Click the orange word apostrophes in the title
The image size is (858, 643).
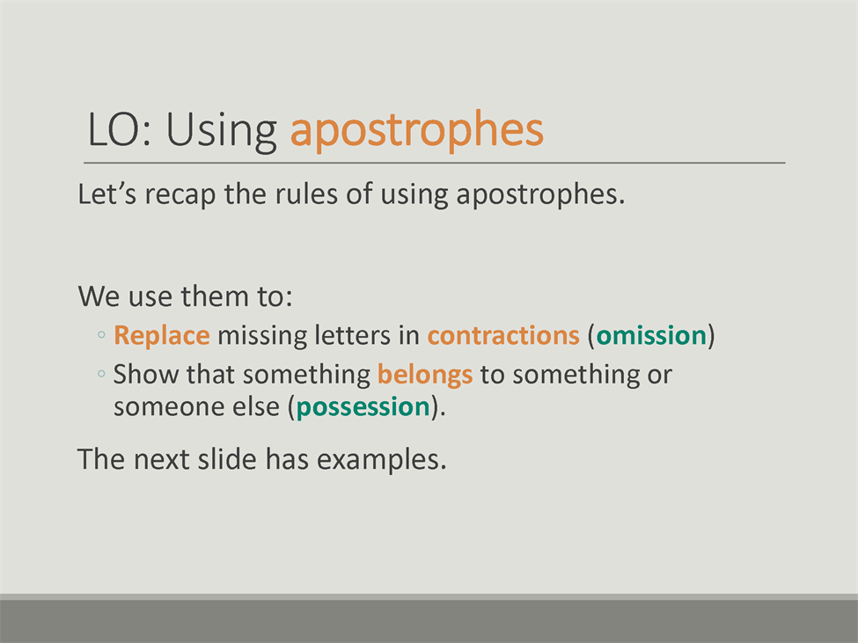416,130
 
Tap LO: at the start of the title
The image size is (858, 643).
120,129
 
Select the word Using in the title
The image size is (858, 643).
222,131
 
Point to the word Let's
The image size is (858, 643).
106,194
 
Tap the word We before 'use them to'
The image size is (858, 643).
99,296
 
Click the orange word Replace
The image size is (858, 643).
162,336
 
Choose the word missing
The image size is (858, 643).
262,337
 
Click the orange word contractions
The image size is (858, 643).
503,336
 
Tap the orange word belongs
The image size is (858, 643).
425,376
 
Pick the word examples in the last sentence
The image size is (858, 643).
381,460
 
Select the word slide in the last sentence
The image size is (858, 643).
227,459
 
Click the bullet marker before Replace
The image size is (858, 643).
101,334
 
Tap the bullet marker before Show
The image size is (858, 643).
101,374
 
